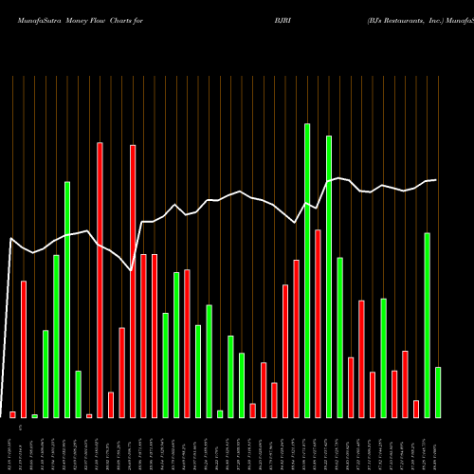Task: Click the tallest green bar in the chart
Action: [x=307, y=270]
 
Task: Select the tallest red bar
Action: [x=100, y=280]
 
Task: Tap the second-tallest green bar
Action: [x=329, y=276]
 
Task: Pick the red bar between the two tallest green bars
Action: [x=318, y=323]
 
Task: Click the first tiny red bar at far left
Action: [x=12, y=414]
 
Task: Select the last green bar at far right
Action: [x=438, y=392]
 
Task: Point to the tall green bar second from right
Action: [x=428, y=325]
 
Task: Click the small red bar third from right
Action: [x=416, y=409]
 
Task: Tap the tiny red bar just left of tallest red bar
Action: [x=89, y=415]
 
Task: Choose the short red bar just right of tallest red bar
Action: [x=111, y=405]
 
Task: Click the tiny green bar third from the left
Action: [x=35, y=415]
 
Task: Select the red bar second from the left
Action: [x=24, y=349]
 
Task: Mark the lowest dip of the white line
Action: [x=131, y=270]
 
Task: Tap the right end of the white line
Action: [x=436, y=180]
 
